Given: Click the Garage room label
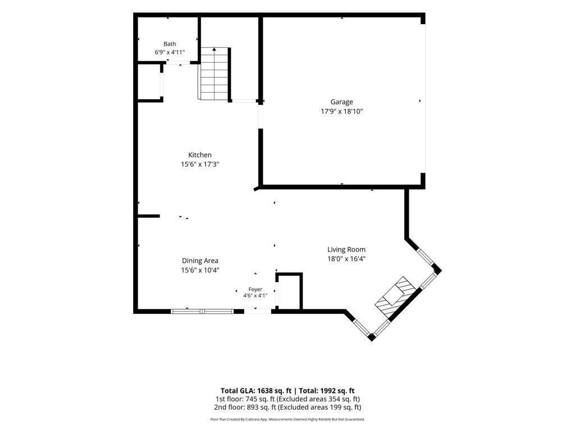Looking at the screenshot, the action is (341, 102).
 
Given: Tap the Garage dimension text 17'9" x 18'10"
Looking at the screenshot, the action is (341, 112).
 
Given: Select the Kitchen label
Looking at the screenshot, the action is (200, 155).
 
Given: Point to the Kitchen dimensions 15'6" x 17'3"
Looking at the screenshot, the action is (200, 164).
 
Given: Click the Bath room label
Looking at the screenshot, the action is (170, 44).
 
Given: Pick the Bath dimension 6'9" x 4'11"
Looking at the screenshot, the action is (170, 52).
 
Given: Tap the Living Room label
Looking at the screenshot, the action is (346, 250).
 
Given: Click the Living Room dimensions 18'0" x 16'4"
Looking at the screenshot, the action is (346, 259).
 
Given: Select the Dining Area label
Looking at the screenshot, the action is (200, 261).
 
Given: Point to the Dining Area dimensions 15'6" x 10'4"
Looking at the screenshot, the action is (200, 270).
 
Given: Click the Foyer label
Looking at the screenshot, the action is (255, 290).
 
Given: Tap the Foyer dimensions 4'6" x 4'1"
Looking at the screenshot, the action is (255, 296).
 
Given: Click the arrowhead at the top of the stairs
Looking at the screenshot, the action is (214, 49).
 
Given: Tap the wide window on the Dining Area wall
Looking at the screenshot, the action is (202, 311).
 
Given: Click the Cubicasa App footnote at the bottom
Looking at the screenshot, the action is (287, 419).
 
